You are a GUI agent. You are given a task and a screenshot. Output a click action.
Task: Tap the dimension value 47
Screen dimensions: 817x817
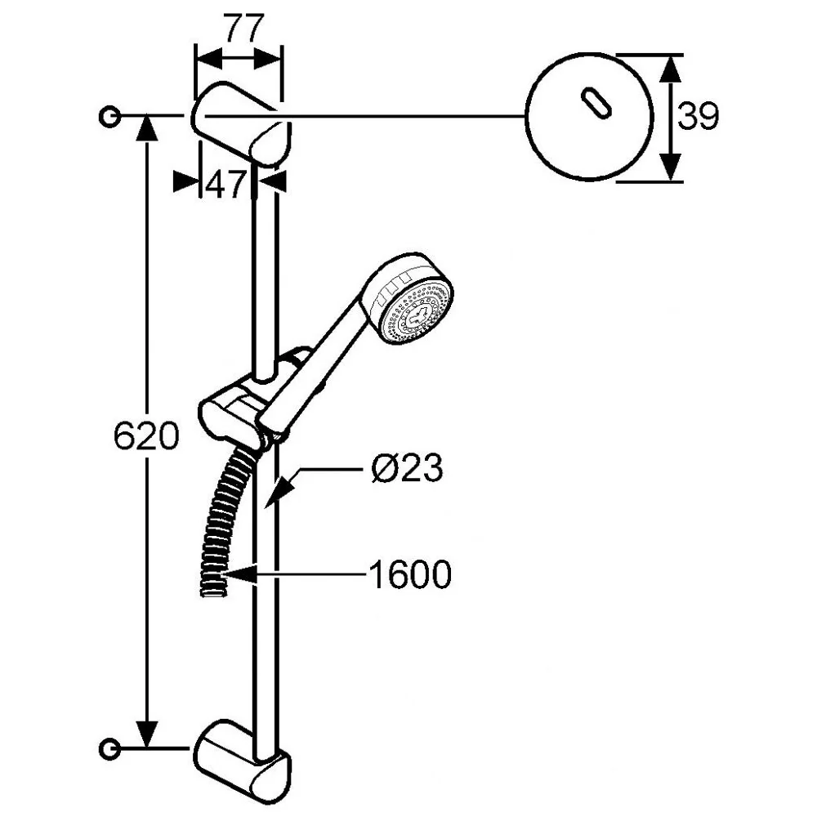tap(225, 183)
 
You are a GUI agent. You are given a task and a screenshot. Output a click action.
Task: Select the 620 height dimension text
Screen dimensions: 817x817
tap(146, 435)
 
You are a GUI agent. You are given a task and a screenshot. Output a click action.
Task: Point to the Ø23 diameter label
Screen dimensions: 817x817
tap(408, 467)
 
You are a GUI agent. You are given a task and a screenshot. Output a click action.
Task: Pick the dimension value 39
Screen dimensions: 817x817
tap(698, 116)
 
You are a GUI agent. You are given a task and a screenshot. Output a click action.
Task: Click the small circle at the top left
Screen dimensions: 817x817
tap(109, 116)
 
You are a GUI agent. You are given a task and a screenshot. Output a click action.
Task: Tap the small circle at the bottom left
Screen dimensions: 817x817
tap(109, 748)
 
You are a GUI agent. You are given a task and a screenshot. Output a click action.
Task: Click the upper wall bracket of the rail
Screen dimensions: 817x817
tap(241, 124)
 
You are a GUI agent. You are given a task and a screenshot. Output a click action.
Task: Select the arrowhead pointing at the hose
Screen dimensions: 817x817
tap(239, 575)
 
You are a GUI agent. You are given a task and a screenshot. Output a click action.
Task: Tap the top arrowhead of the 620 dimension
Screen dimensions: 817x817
tap(147, 128)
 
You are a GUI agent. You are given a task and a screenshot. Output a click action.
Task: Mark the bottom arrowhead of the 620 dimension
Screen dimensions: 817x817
tap(147, 735)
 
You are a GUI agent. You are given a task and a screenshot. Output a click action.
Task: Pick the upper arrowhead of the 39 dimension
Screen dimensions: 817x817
tap(671, 69)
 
